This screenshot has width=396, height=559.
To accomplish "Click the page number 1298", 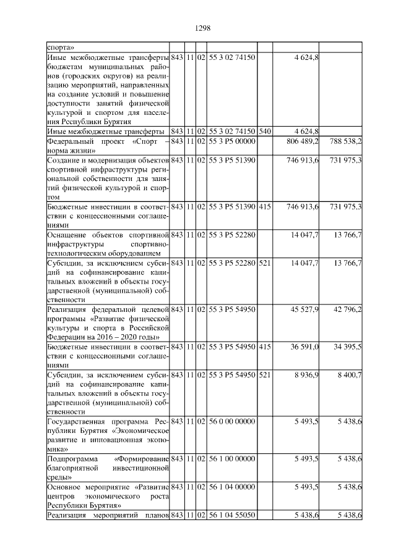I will pyautogui.click(x=204, y=28).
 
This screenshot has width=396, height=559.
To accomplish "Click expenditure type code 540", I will pyautogui.click(x=264, y=132).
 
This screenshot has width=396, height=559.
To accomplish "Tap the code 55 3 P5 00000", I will pyautogui.click(x=231, y=141).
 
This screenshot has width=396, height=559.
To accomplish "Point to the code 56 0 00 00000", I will pyautogui.click(x=231, y=422).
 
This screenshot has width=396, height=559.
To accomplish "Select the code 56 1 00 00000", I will pyautogui.click(x=231, y=460).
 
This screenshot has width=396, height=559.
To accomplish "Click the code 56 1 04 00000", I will pyautogui.click(x=231, y=487).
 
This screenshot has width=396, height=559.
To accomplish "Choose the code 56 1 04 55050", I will pyautogui.click(x=231, y=515).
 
